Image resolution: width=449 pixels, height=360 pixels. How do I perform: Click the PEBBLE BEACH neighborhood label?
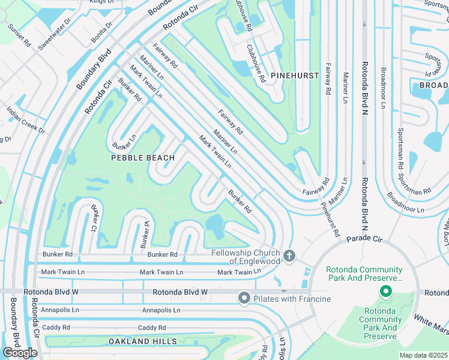tap(143, 158)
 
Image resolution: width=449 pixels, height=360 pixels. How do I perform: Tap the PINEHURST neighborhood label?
tap(294, 75)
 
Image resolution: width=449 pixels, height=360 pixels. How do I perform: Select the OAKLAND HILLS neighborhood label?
tap(143, 341)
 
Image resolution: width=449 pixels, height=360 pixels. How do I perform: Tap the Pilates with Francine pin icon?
tap(244, 298)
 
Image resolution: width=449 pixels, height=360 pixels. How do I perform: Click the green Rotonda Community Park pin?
tap(385, 292)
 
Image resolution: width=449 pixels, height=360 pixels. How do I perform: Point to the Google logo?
tap(20, 352)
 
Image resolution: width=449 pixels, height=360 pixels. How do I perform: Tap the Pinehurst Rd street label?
tap(330, 219)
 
